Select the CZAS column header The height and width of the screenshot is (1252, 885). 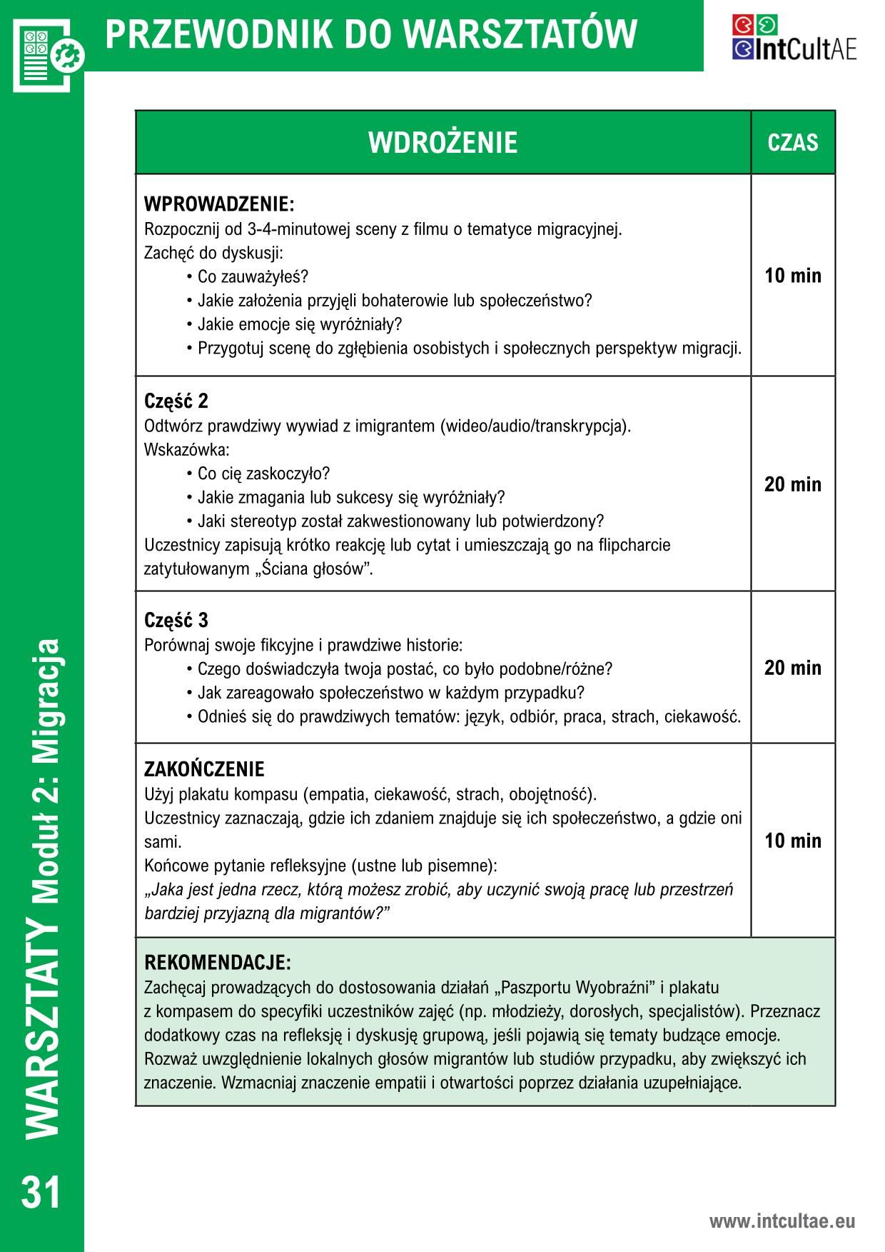tap(792, 142)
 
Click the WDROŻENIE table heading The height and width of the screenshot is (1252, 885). tap(442, 142)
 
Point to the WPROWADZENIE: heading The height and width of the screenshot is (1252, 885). tap(219, 205)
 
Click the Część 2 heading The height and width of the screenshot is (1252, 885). tap(176, 401)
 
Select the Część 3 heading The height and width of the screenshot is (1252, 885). tap(176, 620)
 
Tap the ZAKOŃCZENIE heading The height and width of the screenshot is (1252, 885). tap(204, 769)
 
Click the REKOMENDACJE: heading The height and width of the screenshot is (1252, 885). tap(218, 962)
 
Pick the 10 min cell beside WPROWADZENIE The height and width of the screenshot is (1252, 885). tap(792, 276)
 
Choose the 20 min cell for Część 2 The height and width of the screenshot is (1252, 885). tap(792, 484)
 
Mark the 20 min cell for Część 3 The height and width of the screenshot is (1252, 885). tap(792, 668)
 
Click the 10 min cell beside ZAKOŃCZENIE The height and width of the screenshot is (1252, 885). tap(792, 841)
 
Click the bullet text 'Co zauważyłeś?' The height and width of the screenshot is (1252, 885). tap(253, 277)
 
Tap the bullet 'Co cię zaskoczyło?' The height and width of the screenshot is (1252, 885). tap(263, 474)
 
